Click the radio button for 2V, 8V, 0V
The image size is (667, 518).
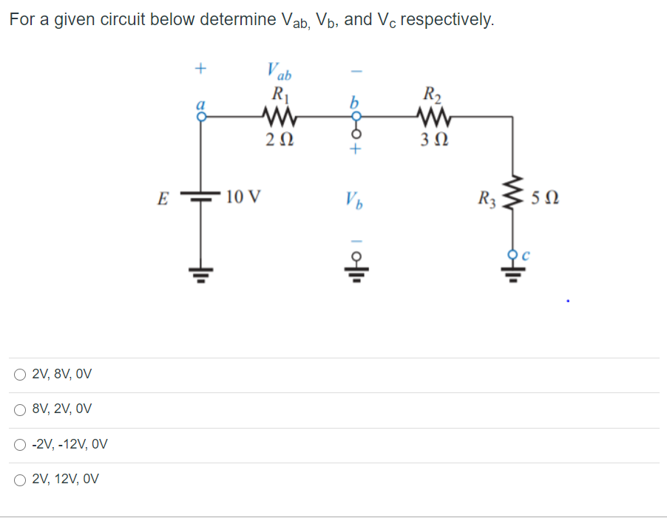(19, 375)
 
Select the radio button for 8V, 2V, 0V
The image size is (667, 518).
(19, 409)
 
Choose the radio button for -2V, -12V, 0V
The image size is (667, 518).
(19, 445)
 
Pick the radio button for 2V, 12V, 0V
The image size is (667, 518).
(19, 480)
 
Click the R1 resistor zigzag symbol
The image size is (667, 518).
(280, 115)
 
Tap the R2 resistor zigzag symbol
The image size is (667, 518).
(430, 115)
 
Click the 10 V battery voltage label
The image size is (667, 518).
(243, 197)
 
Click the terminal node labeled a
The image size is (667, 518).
(197, 115)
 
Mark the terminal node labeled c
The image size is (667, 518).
(509, 255)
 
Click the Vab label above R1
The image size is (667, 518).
(279, 72)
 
